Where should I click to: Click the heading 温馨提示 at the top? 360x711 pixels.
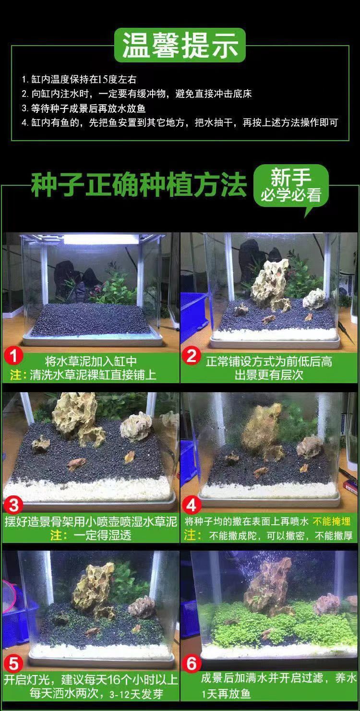pos(180,45)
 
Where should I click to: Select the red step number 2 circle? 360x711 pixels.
pos(192,356)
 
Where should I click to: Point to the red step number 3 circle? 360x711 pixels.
pos(14,506)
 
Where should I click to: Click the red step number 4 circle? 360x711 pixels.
pos(192,506)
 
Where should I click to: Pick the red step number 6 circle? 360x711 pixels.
pos(192,664)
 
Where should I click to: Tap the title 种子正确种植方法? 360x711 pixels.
pos(139,185)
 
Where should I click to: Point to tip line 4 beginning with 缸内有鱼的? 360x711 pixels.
pos(180,122)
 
